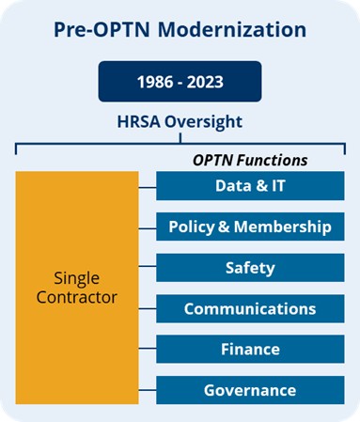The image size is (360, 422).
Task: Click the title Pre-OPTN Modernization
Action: (x=180, y=29)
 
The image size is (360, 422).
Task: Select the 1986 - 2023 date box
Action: (x=180, y=81)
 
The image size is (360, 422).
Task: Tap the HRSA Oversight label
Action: (x=180, y=122)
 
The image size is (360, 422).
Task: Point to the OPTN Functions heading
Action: (x=249, y=160)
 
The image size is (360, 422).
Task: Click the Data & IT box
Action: (x=249, y=186)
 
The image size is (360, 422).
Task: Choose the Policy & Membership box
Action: (x=249, y=227)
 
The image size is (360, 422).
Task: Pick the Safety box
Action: (x=249, y=268)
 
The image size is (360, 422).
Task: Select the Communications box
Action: (x=249, y=308)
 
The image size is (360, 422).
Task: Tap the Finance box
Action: (x=249, y=350)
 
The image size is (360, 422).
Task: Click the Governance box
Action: (x=249, y=390)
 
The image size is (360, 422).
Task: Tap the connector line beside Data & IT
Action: (x=148, y=186)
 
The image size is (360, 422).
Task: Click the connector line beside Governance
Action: (x=148, y=390)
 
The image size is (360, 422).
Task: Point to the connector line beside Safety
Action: (x=148, y=268)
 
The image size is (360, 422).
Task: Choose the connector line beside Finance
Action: (x=148, y=350)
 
